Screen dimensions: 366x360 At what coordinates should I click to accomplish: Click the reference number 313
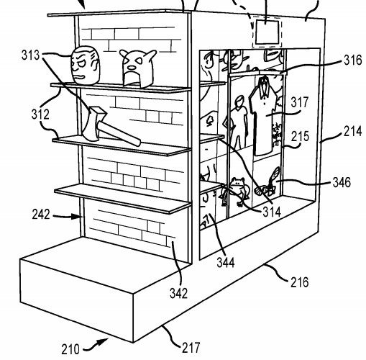30,55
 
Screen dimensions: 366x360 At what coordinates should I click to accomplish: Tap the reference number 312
40,114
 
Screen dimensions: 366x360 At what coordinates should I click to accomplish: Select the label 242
41,214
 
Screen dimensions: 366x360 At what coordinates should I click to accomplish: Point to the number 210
70,349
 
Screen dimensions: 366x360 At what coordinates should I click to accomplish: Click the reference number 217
191,347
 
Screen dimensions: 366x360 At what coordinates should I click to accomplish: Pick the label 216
300,282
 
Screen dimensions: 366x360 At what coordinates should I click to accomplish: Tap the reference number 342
178,293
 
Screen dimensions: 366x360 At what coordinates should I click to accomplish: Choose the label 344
226,262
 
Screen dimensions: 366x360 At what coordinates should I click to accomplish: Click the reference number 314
272,212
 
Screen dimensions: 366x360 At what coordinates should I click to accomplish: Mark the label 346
342,182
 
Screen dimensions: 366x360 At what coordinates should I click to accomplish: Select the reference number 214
352,132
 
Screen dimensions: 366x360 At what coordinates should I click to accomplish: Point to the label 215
300,136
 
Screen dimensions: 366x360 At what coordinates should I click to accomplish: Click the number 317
300,102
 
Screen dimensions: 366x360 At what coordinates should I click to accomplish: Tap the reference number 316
353,60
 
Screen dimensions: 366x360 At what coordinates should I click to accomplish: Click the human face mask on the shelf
85,66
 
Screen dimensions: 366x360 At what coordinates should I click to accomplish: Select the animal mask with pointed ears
137,68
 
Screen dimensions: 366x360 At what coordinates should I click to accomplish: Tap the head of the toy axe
94,124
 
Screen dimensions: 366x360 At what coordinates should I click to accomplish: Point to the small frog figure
235,192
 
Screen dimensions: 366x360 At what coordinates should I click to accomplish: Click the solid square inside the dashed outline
267,32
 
